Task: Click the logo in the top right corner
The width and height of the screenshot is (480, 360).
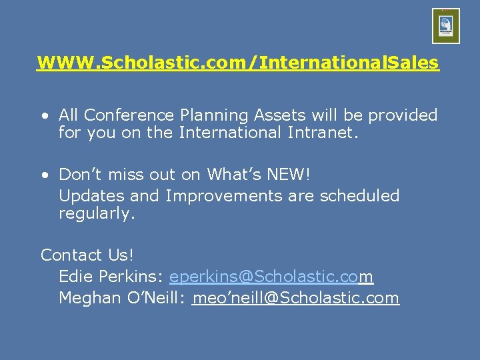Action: coord(446,26)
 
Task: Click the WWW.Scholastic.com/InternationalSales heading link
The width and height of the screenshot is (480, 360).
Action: coord(238,63)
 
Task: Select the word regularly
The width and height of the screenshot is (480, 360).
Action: coord(97,214)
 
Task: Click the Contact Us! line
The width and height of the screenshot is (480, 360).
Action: coord(87,255)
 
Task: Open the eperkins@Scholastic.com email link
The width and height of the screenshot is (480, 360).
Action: coord(271,277)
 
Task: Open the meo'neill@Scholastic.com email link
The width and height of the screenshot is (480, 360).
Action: coord(295,298)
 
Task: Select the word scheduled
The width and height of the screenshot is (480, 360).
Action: coord(359,196)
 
